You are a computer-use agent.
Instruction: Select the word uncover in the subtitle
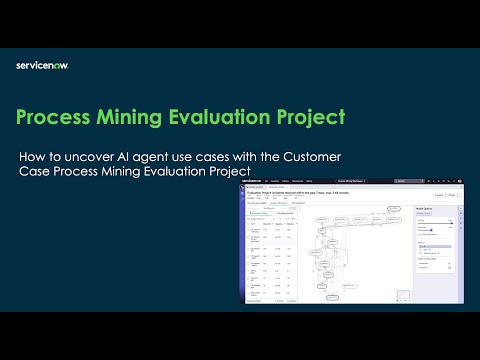[x=89, y=158]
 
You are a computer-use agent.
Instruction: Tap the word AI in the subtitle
[x=127, y=158]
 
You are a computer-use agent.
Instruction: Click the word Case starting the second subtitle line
[x=35, y=172]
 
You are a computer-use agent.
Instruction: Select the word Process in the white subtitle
[x=78, y=172]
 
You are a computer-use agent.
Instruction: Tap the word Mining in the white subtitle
[x=127, y=172]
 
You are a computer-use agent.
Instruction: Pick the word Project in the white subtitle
[x=240, y=172]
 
